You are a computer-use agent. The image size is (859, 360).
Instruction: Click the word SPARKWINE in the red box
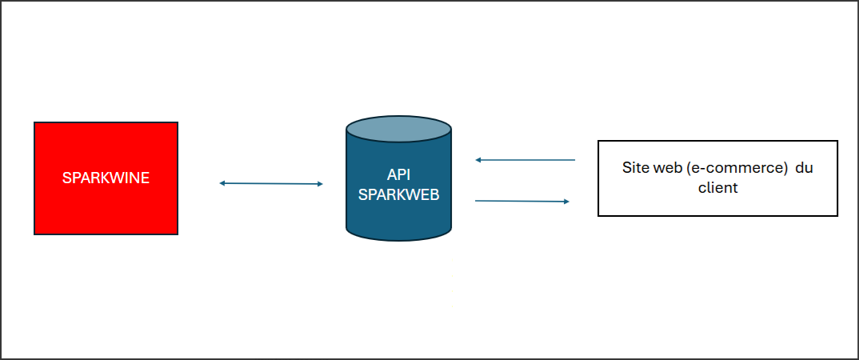click(106, 178)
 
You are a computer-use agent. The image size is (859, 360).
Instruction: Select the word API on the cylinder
click(398, 175)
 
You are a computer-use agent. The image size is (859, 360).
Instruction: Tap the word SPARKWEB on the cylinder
click(398, 194)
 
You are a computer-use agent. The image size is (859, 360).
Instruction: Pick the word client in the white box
click(718, 189)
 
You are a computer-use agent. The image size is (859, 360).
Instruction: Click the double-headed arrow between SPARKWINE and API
click(270, 184)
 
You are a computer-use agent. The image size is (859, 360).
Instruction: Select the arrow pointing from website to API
click(525, 160)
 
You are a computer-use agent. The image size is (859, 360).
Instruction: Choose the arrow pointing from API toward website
click(521, 201)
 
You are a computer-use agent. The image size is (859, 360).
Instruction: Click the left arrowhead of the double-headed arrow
click(222, 183)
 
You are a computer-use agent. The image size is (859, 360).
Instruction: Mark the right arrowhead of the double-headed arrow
click(319, 184)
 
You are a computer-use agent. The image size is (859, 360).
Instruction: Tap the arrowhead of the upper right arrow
click(478, 160)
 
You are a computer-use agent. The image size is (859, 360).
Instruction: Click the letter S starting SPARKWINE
click(66, 178)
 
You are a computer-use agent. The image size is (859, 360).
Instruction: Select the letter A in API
click(390, 175)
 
